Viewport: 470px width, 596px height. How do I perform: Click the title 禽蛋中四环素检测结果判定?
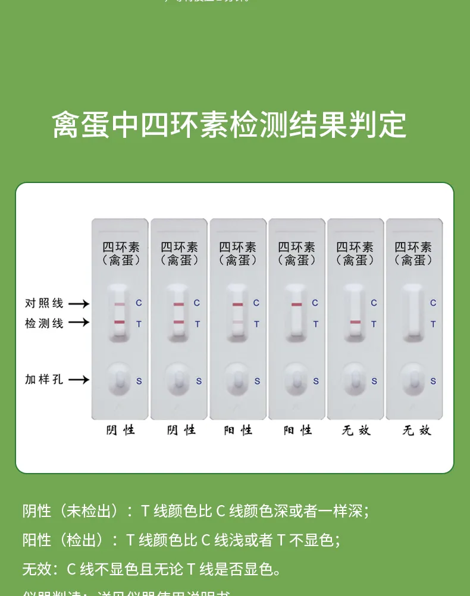(229, 125)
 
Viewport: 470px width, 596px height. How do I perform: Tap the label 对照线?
(44, 303)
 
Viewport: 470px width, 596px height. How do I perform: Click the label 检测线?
(44, 323)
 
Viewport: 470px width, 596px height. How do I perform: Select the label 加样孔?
(44, 379)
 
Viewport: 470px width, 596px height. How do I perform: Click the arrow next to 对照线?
(79, 304)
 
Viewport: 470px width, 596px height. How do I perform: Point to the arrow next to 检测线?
(79, 323)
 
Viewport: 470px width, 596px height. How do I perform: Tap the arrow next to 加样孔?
(79, 380)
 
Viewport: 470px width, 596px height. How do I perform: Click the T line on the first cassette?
(120, 322)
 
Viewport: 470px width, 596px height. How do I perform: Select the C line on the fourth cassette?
(296, 304)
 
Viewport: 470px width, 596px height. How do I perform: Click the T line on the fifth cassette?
(355, 322)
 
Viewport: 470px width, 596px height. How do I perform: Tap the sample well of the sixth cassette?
(413, 379)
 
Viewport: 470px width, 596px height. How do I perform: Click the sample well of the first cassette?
(120, 379)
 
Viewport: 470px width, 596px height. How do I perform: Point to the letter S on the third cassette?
(257, 381)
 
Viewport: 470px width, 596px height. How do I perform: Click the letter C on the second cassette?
(197, 303)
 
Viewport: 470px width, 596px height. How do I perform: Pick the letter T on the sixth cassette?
(433, 324)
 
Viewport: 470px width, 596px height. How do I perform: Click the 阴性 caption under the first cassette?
(121, 430)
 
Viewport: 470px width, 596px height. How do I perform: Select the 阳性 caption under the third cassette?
(238, 430)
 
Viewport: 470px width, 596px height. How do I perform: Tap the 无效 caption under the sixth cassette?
(416, 430)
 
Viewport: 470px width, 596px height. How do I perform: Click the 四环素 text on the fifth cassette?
(355, 247)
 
